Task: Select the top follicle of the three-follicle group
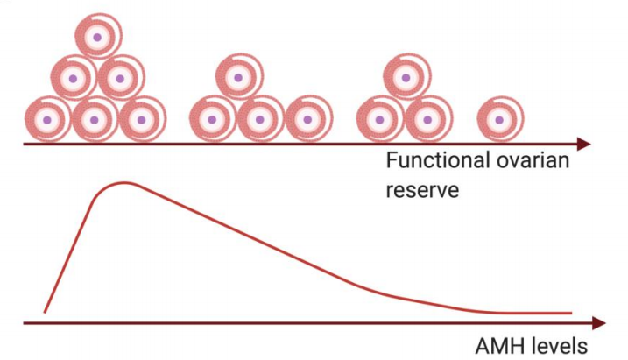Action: [403, 78]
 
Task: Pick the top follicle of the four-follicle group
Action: [236, 78]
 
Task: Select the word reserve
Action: [422, 189]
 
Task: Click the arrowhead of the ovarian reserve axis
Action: [585, 144]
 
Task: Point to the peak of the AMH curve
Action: [125, 183]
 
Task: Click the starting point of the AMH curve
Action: [45, 312]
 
